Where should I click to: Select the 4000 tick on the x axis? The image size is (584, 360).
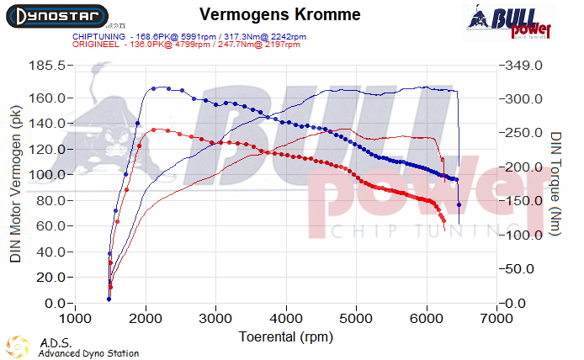click(286, 320)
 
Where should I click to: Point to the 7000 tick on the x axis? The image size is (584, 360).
click(497, 320)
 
